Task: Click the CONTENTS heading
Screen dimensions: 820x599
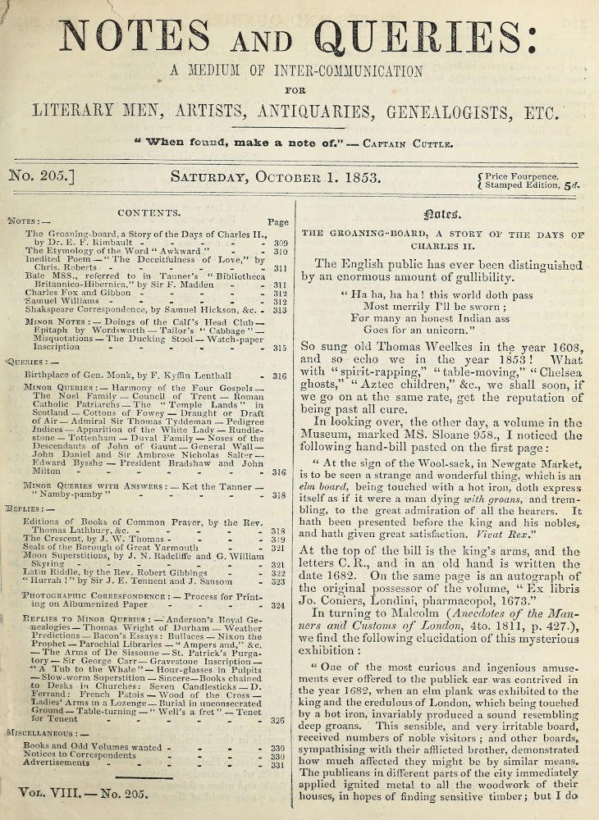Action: [x=149, y=212]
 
